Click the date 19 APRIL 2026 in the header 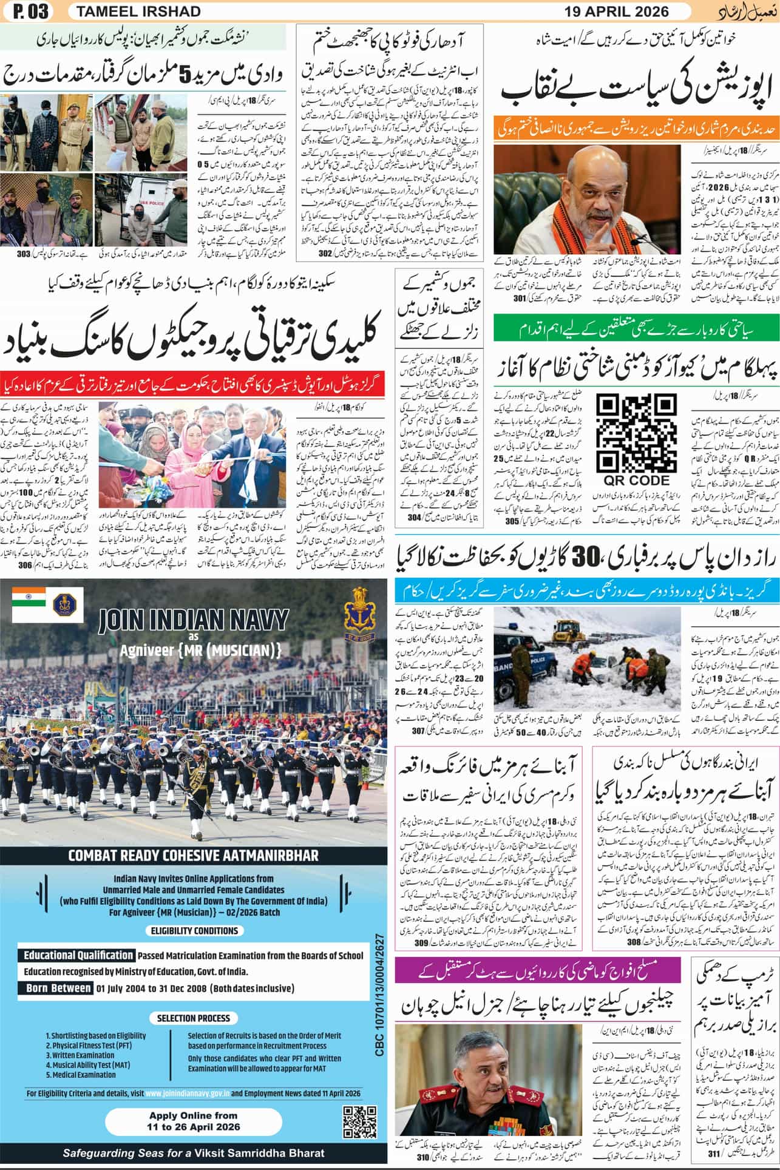tap(617, 12)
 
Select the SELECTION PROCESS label tap(193, 1018)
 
